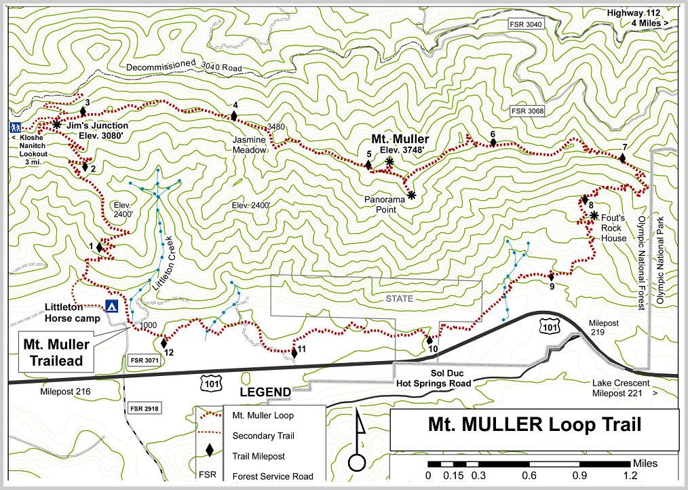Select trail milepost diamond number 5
coord(368,165)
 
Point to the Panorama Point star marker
coord(411,195)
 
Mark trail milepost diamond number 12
coord(164,343)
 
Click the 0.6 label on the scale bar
coord(529,476)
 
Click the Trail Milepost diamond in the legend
coord(209,450)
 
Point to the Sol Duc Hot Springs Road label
coord(432,379)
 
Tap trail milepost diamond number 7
coord(622,158)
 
